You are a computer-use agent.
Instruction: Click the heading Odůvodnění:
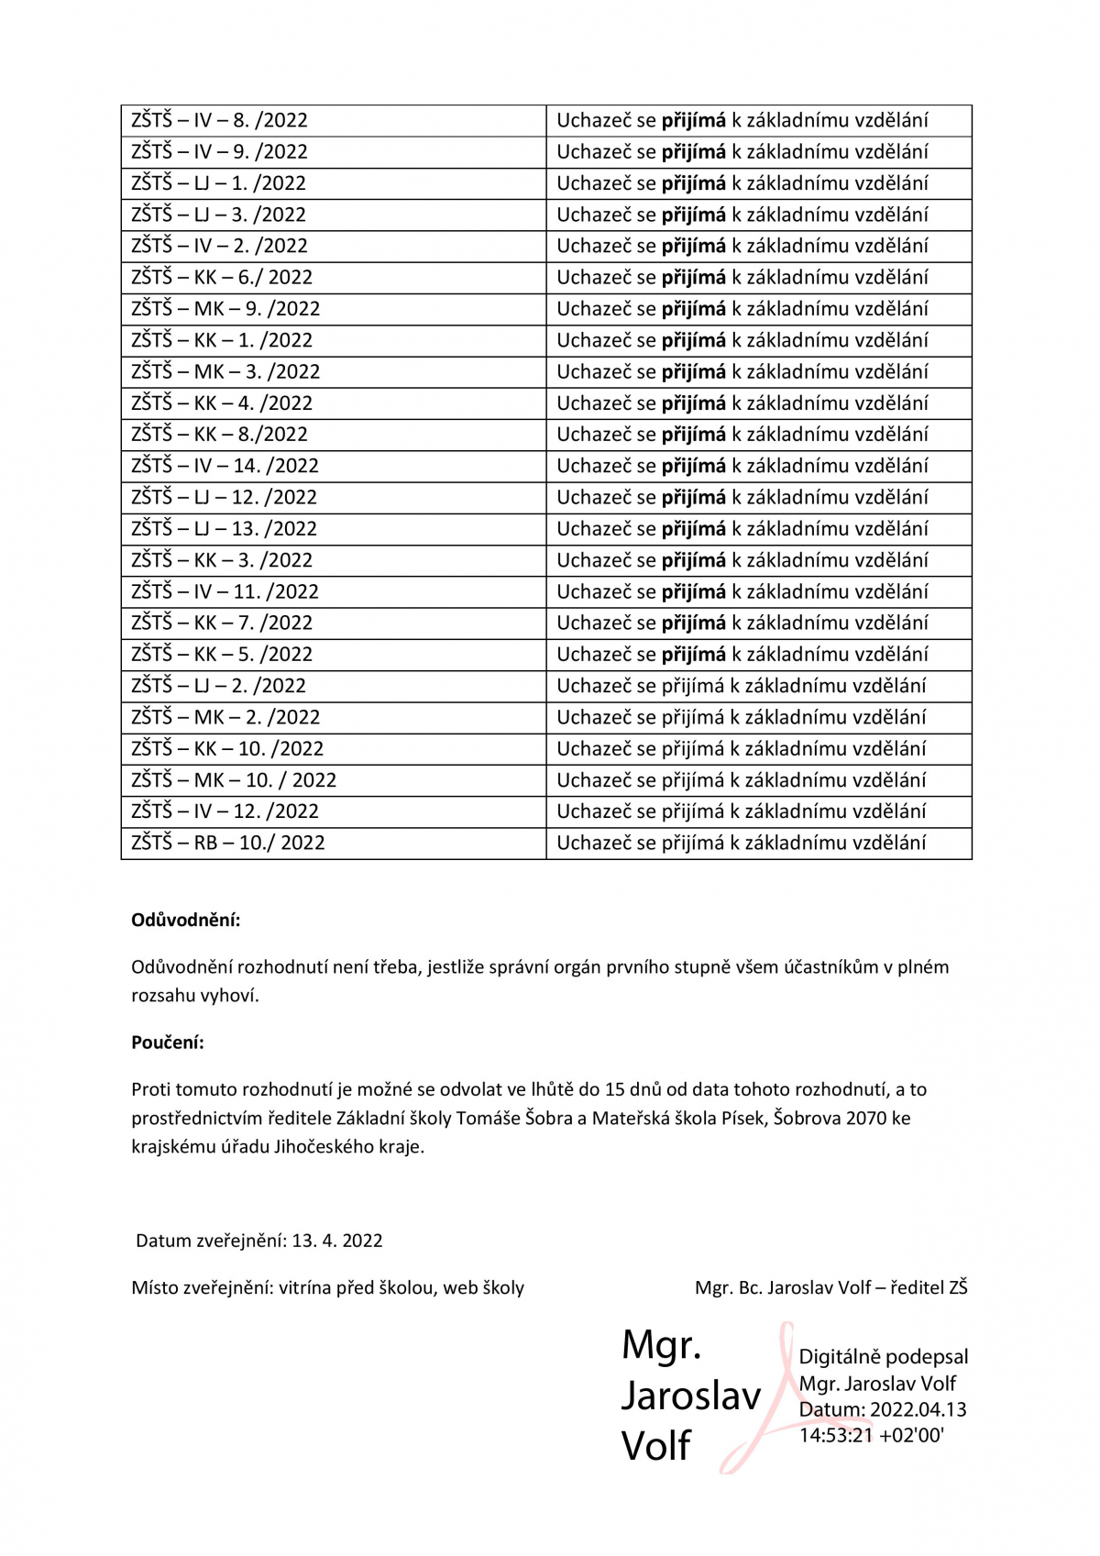pos(186,920)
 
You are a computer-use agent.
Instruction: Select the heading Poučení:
pos(168,1043)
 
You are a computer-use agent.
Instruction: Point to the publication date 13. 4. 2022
pos(337,1241)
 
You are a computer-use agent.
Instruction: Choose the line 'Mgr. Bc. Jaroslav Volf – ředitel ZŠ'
pos(830,1287)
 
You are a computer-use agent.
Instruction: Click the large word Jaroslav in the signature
pos(691,1396)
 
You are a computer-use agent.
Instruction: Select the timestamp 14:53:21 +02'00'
pos(871,1435)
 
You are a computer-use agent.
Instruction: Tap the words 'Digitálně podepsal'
pos(883,1357)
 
